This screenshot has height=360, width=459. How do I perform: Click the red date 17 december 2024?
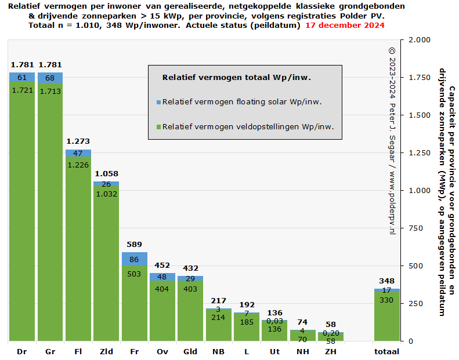[x=345, y=26]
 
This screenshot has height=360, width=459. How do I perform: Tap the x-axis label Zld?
[x=106, y=352]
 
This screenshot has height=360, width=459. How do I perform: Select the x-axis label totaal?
[x=386, y=352]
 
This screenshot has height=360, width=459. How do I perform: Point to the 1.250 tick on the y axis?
[x=419, y=153]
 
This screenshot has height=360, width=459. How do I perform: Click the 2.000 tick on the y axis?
[x=419, y=40]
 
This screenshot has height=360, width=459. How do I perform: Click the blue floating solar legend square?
[x=158, y=103]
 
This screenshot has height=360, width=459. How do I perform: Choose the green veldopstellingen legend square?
[x=158, y=127]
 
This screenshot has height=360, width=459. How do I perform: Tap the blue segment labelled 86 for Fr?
[x=134, y=259]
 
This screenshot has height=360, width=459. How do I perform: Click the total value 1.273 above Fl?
[x=78, y=141]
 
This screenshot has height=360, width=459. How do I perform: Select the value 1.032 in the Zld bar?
[x=106, y=194]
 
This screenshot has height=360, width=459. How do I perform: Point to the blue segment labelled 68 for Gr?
[x=50, y=78]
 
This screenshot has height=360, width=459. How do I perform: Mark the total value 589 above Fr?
[x=134, y=245]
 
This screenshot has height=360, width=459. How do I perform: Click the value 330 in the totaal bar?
[x=386, y=300]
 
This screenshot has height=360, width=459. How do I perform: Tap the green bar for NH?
[x=302, y=336]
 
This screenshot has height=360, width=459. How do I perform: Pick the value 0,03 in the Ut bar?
[x=274, y=321]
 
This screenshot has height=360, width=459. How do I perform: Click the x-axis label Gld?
[x=190, y=352]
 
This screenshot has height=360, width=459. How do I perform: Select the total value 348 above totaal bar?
[x=386, y=281]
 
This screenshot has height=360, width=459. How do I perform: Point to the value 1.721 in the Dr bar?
[x=22, y=90]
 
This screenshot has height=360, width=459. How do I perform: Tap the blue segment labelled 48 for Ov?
[x=162, y=277]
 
